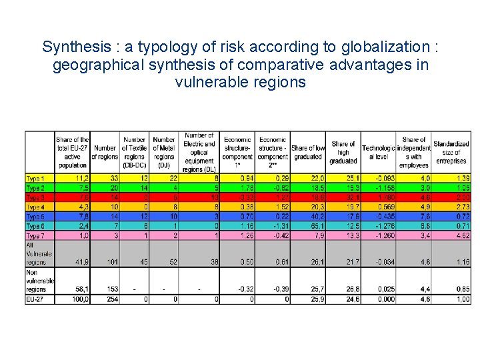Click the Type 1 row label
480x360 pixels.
coord(36,179)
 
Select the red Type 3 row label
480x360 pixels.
coord(36,197)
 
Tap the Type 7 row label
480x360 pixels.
coord(36,236)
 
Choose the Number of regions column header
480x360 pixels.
coord(105,152)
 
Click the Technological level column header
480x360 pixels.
coord(378,153)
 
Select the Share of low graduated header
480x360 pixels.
coord(308,152)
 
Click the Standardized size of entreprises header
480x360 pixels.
coord(451,153)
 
